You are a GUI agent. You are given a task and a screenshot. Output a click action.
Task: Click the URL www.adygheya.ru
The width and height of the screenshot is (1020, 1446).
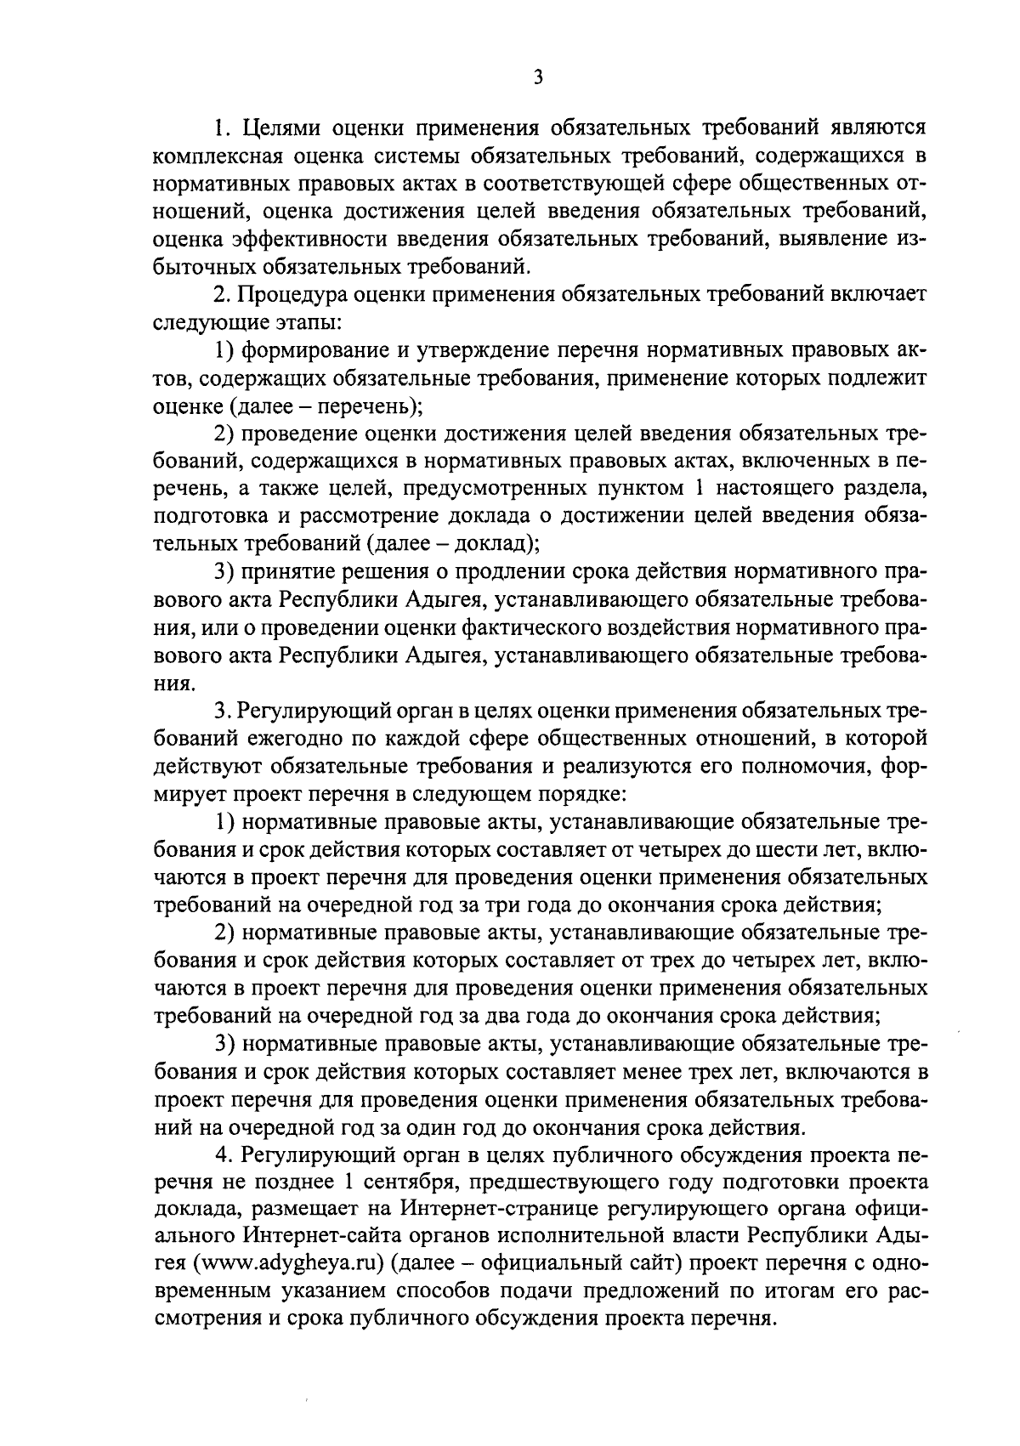(291, 1265)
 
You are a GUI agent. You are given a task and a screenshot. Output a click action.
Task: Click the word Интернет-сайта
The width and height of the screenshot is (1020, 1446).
(326, 1238)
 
